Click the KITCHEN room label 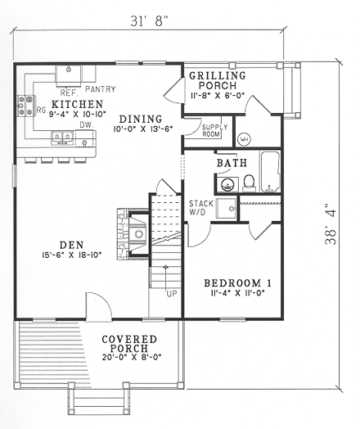(76, 104)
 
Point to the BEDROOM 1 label (237, 283)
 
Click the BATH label (232, 164)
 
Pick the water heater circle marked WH (245, 136)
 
